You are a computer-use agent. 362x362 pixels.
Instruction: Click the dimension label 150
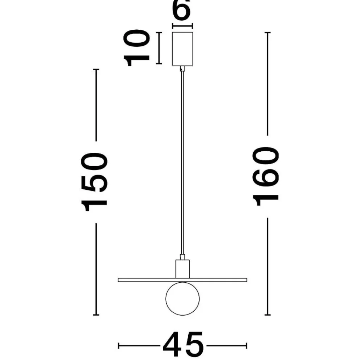point(94,182)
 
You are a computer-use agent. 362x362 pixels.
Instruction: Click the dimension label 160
point(266,176)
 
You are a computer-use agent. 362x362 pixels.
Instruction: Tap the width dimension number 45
point(183,345)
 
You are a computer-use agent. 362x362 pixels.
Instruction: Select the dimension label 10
point(137,48)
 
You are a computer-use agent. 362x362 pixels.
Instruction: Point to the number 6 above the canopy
point(182,9)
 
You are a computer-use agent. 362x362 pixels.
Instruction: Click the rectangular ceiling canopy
point(182,49)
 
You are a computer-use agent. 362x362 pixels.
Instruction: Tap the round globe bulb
point(182,299)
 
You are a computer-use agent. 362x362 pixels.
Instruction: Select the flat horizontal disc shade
point(182,280)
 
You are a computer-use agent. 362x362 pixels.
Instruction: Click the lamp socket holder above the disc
point(182,269)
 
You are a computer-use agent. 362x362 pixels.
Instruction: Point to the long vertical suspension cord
point(182,163)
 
